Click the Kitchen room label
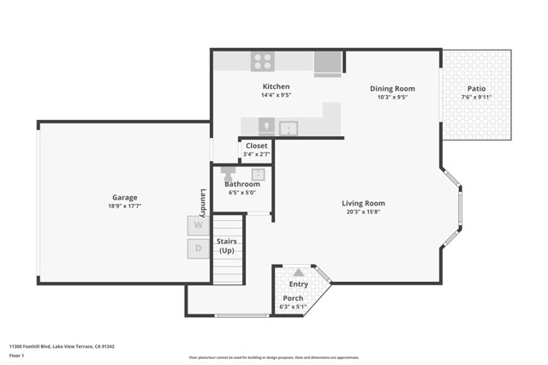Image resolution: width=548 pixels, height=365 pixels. (276, 87)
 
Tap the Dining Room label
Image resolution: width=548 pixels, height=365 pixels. (392, 88)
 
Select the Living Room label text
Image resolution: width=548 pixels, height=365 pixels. (366, 203)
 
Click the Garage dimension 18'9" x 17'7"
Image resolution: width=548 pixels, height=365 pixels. (124, 206)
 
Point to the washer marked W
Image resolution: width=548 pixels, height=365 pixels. (199, 225)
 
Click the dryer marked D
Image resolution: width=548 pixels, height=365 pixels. (199, 248)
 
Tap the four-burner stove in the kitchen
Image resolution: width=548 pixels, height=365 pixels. (262, 61)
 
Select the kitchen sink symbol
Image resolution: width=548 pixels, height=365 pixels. (289, 128)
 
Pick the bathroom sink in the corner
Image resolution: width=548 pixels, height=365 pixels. (258, 174)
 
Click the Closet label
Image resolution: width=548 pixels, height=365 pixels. (256, 146)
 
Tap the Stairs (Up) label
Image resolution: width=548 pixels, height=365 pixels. (227, 246)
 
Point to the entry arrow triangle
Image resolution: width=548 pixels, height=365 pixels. (298, 272)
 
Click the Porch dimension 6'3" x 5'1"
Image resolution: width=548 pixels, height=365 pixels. (293, 307)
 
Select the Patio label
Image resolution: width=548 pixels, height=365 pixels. (476, 88)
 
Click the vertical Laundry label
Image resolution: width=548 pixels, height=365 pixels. (204, 201)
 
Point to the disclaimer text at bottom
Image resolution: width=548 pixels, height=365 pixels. (273, 357)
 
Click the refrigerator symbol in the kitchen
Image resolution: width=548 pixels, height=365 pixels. (327, 63)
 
